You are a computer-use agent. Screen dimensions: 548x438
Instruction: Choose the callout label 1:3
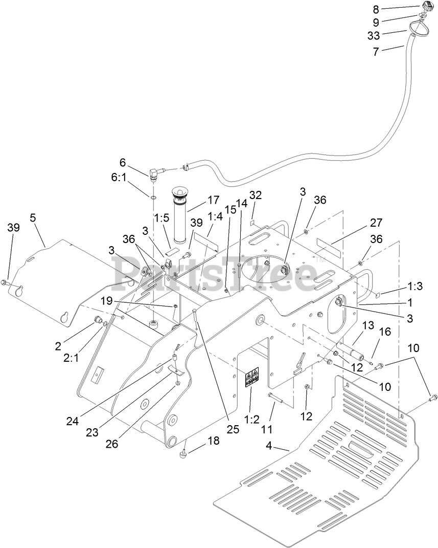click(x=414, y=287)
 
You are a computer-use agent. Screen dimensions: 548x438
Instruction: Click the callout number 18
click(x=213, y=441)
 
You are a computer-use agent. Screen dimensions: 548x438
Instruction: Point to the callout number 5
click(x=33, y=217)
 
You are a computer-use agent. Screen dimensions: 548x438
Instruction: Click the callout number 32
click(x=256, y=196)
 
